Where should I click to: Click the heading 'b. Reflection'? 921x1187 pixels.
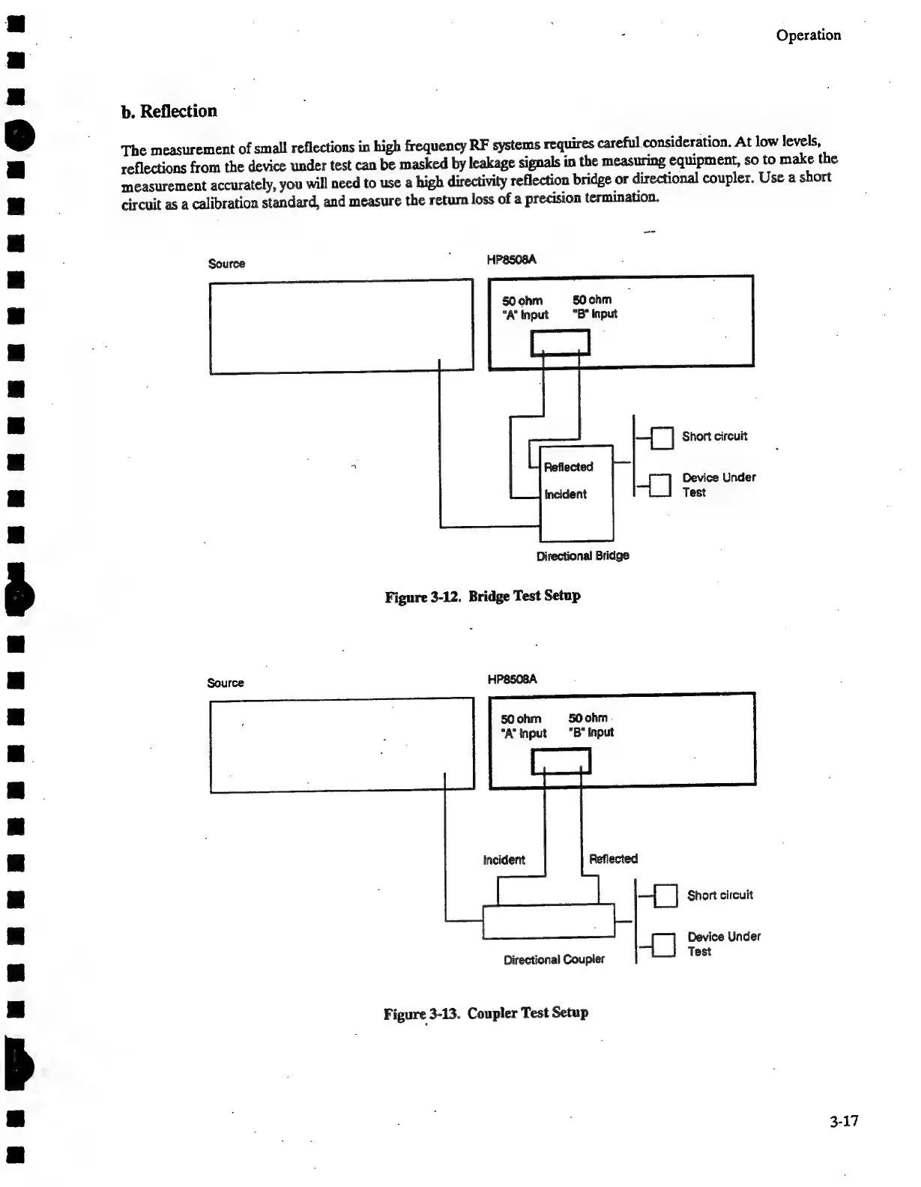[x=169, y=111]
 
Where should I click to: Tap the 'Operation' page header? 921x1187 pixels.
[x=808, y=35]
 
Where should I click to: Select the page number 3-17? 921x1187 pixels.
[x=843, y=1121]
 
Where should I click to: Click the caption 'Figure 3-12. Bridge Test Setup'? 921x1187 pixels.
[x=483, y=596]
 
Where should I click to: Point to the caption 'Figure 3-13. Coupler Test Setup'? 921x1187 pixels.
[x=486, y=1013]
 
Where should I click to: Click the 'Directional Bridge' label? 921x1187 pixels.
[x=582, y=555]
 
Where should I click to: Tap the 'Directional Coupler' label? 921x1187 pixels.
[x=554, y=959]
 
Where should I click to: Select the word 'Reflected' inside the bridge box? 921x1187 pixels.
[x=568, y=467]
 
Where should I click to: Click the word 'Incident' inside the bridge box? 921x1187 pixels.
[x=565, y=494]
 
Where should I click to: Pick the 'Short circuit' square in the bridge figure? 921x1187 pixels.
[x=662, y=438]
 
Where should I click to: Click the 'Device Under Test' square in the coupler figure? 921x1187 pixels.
[x=664, y=945]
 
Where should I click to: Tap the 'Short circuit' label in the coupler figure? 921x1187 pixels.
[x=719, y=895]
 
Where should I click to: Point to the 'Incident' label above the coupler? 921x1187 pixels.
[x=504, y=860]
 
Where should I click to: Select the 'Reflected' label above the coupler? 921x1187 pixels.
[x=613, y=859]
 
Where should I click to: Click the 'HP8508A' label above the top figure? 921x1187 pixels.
[x=511, y=260]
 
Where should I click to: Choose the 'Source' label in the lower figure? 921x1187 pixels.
[x=226, y=683]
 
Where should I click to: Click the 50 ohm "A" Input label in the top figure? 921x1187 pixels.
[x=525, y=307]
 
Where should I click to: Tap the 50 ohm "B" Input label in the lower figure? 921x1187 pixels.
[x=591, y=725]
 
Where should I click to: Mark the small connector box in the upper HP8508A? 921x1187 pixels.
[x=561, y=342]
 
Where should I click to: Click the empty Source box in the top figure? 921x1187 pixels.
[x=341, y=326]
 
